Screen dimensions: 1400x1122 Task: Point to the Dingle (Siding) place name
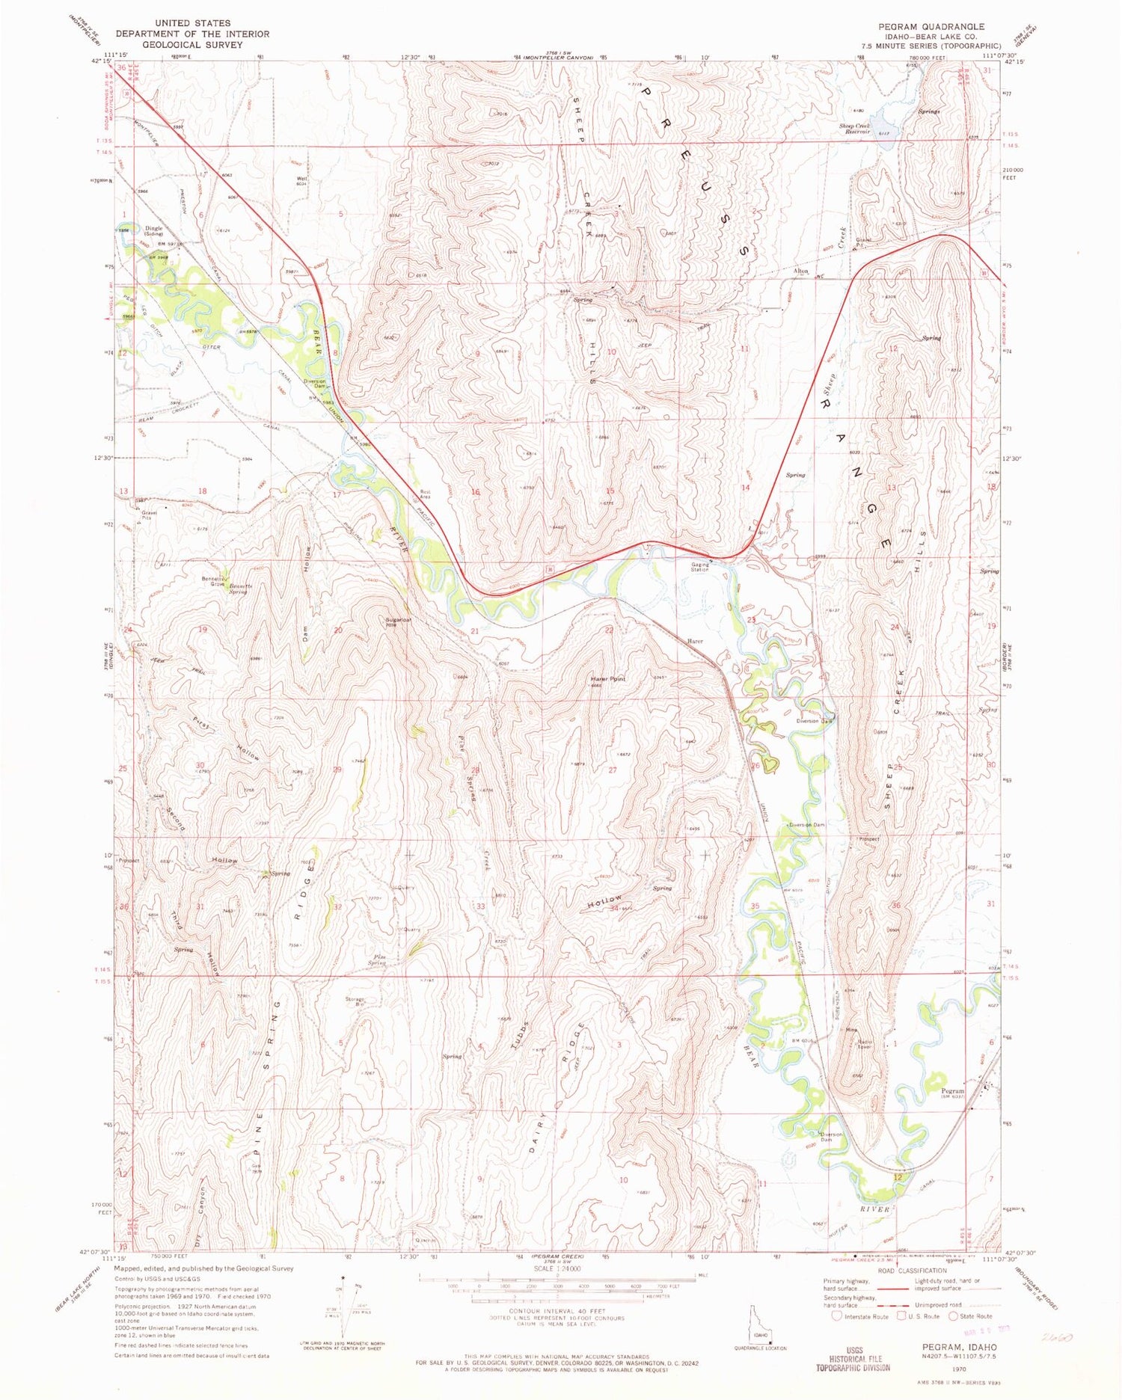pos(153,231)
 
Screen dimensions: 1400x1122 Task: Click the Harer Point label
pos(607,679)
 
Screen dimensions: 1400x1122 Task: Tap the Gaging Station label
pos(700,567)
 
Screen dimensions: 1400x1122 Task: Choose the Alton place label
pos(800,271)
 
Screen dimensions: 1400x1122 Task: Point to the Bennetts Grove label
pos(213,581)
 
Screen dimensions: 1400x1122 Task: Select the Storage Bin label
pos(355,1001)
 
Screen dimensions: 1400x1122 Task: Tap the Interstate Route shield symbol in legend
pos(836,1316)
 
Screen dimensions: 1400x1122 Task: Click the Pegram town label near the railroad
pos(952,1090)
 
